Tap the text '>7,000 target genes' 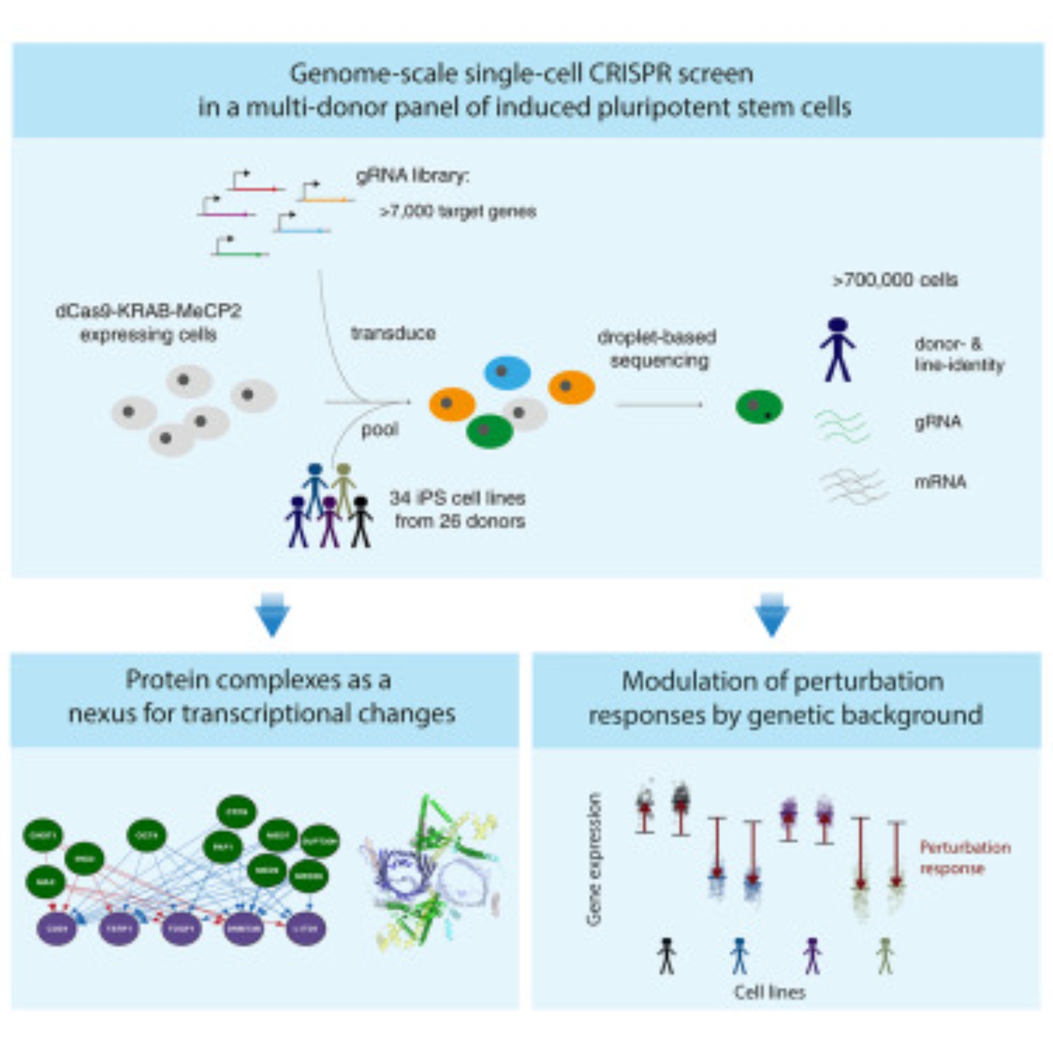[458, 212]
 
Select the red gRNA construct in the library [256, 188]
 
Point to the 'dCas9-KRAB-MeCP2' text [148, 312]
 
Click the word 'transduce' [393, 333]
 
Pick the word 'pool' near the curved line [380, 430]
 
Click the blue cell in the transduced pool [507, 373]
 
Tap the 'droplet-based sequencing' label [657, 349]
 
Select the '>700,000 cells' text [895, 280]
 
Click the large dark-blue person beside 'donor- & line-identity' [837, 350]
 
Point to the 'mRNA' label [940, 482]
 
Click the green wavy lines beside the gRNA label [842, 425]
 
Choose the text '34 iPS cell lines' [456, 498]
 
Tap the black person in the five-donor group [361, 521]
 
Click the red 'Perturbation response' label [965, 857]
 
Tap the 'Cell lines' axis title [770, 992]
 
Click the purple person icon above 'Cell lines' [812, 956]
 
